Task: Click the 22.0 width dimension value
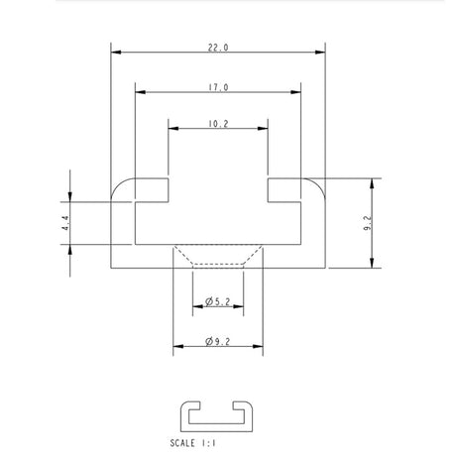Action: [x=218, y=47]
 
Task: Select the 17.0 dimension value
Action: [x=218, y=87]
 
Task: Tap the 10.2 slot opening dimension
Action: [x=218, y=125]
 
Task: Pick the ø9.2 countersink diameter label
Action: [x=218, y=341]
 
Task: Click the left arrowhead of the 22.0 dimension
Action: [x=115, y=51]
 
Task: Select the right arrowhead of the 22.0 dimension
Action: [x=320, y=51]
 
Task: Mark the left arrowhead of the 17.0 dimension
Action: [x=140, y=91]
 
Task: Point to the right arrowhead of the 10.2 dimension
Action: [x=264, y=128]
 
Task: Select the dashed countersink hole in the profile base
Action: [x=218, y=256]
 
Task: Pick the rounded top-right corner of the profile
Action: [x=318, y=185]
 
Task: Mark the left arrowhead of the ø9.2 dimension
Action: [x=178, y=346]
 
